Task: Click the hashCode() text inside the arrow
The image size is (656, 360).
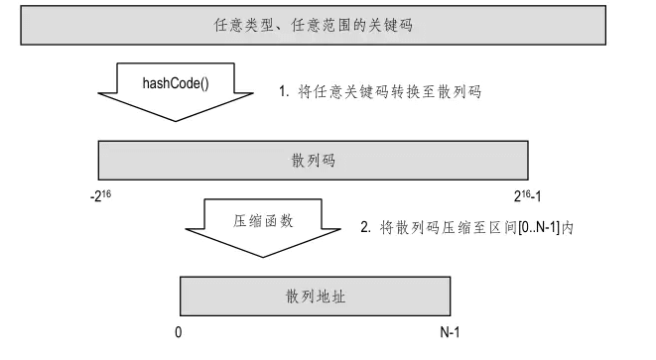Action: pyautogui.click(x=176, y=83)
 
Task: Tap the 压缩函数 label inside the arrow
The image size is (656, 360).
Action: pyautogui.click(x=263, y=221)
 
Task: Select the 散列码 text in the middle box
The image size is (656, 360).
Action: pyautogui.click(x=314, y=160)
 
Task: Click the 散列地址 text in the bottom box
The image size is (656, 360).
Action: pyautogui.click(x=316, y=296)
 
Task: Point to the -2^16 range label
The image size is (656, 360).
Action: pyautogui.click(x=101, y=195)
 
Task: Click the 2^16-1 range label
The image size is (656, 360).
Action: pyautogui.click(x=527, y=195)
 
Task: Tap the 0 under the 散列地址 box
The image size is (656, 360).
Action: pyautogui.click(x=179, y=332)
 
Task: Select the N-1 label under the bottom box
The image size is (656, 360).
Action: pyautogui.click(x=450, y=332)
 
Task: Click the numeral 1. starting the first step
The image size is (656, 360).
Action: pyautogui.click(x=284, y=91)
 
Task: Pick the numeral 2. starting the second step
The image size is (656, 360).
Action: pyautogui.click(x=365, y=227)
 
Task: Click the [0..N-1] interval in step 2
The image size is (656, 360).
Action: pyautogui.click(x=539, y=228)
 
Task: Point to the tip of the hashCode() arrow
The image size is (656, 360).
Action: pyautogui.click(x=176, y=121)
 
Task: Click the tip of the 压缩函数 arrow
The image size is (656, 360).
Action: pyautogui.click(x=263, y=257)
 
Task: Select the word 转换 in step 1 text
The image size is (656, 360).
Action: pyautogui.click(x=406, y=91)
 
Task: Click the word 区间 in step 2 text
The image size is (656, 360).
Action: pyautogui.click(x=503, y=227)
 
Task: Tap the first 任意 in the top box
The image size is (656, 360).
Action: pyautogui.click(x=229, y=25)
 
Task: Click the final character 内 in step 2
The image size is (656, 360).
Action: pyautogui.click(x=568, y=227)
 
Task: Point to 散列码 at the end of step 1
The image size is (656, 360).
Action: pyautogui.click(x=459, y=91)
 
